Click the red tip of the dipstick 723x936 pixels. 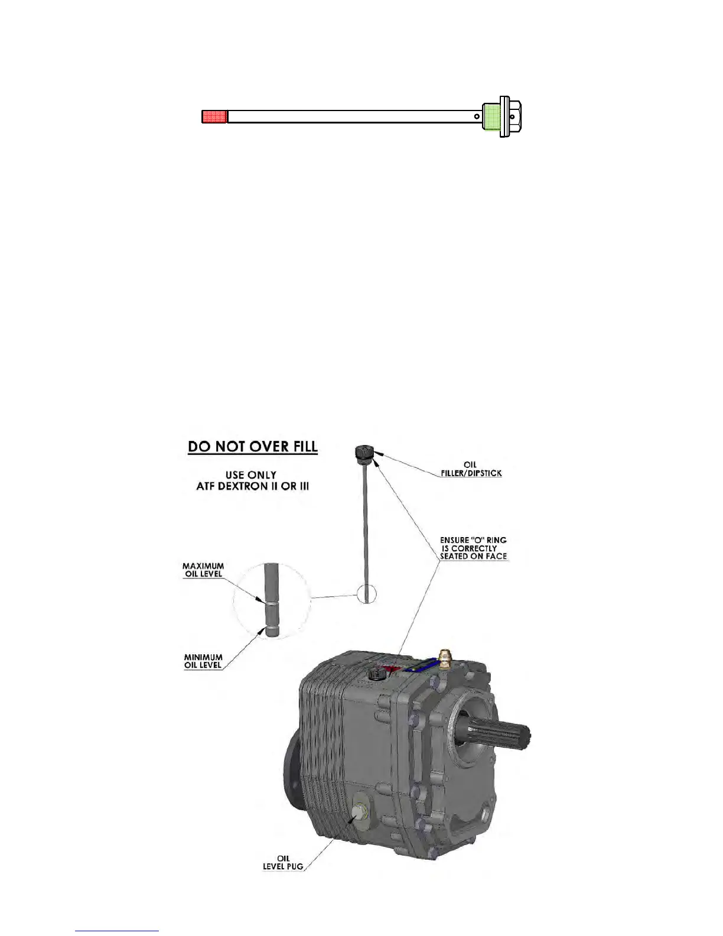[215, 116]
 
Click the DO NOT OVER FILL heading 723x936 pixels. [253, 447]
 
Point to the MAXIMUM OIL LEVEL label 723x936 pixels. [203, 570]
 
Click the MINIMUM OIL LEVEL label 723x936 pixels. [203, 661]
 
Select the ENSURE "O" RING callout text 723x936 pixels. [473, 548]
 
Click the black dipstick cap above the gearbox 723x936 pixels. [363, 453]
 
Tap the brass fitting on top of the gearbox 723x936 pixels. [444, 656]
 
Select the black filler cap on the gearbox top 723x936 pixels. [374, 674]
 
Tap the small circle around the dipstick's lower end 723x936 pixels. [366, 594]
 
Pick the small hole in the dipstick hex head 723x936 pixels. [512, 116]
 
